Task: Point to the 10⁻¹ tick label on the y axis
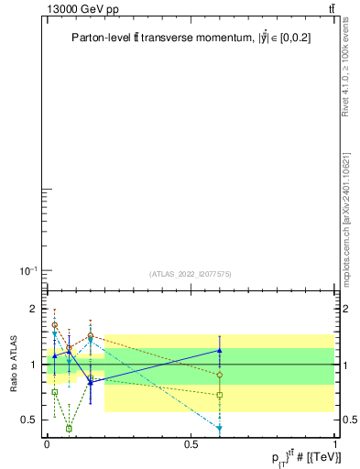point(27,269)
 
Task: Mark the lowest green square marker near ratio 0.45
point(69,428)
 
